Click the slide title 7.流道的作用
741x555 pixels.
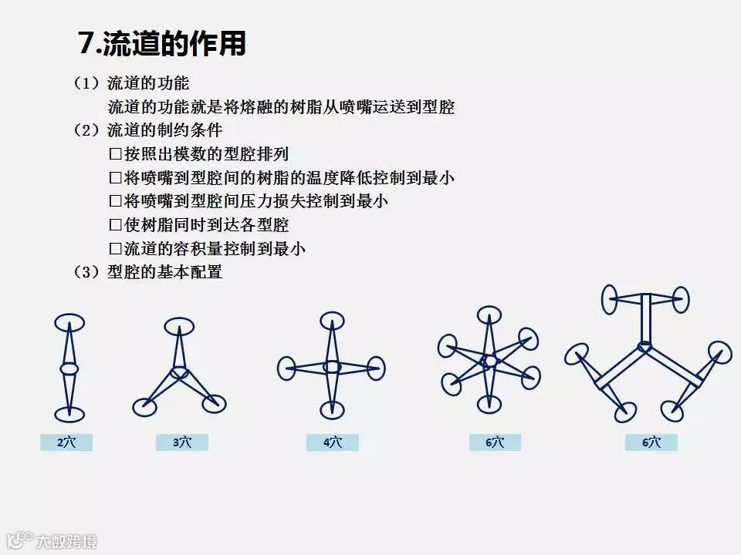[x=161, y=42]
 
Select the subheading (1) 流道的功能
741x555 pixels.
[x=131, y=83]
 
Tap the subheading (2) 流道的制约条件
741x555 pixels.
[x=148, y=130]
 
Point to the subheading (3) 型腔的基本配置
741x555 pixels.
[x=148, y=272]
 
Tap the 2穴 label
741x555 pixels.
[x=66, y=442]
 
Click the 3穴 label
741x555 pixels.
[x=181, y=442]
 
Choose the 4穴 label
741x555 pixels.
[x=332, y=442]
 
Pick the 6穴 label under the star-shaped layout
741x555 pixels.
[x=495, y=442]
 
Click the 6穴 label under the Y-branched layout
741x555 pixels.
[x=651, y=442]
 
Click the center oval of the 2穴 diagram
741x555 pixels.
[x=69, y=368]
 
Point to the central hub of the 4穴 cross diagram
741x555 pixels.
[x=332, y=367]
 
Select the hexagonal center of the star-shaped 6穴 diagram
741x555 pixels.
[x=489, y=360]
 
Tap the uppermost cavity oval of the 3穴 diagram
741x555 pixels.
[x=180, y=326]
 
